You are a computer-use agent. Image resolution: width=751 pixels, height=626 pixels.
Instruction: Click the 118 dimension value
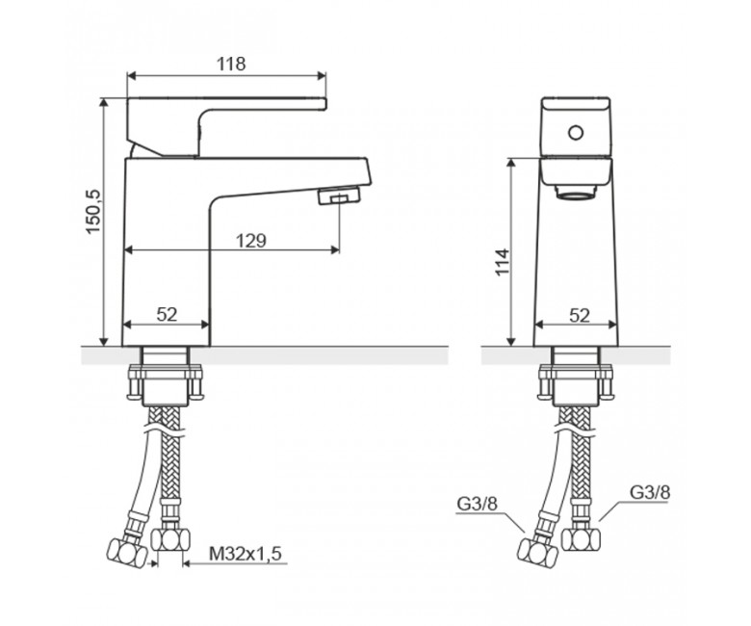[231, 64]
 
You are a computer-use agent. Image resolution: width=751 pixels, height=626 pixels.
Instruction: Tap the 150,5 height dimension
[93, 211]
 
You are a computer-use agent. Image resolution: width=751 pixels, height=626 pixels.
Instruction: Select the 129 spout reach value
[251, 241]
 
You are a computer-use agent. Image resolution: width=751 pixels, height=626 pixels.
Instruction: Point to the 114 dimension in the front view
[503, 262]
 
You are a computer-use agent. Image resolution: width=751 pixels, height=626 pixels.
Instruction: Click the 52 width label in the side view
[167, 315]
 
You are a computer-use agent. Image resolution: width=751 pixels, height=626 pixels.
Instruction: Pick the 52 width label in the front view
[579, 316]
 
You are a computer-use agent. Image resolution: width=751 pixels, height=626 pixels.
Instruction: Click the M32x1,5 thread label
[246, 554]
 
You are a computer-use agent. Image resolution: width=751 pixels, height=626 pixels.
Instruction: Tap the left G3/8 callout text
[477, 504]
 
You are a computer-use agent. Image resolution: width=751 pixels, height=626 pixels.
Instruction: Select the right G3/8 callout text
[650, 492]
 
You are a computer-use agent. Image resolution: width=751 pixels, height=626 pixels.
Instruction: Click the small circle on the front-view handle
[576, 132]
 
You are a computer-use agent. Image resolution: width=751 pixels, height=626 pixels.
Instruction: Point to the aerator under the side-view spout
[340, 196]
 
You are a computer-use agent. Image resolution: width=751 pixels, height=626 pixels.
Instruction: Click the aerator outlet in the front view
[576, 192]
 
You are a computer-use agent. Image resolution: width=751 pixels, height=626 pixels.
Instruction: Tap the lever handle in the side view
[225, 125]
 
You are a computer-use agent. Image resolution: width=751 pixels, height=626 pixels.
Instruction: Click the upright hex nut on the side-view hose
[170, 539]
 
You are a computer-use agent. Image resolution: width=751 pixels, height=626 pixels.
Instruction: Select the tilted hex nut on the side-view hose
[127, 553]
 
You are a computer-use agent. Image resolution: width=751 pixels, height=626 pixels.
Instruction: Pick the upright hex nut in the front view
[581, 539]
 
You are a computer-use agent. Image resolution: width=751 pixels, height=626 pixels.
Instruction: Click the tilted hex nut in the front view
[538, 553]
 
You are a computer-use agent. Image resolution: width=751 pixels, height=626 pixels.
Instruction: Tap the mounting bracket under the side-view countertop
[166, 381]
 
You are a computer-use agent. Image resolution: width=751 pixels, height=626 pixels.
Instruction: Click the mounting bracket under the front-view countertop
[576, 381]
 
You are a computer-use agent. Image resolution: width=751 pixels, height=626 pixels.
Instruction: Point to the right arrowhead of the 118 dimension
[322, 76]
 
